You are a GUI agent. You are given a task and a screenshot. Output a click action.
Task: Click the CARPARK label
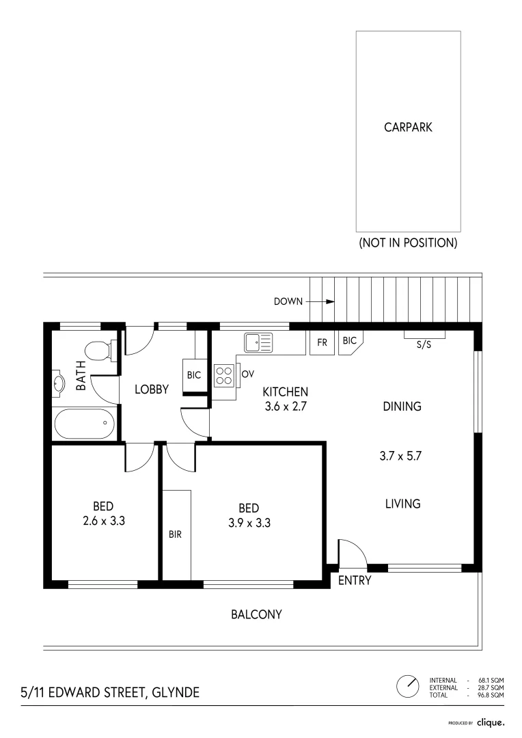(x=408, y=127)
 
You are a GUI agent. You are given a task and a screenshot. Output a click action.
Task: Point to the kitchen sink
(x=258, y=342)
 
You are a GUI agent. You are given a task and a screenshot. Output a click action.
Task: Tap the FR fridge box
(x=322, y=342)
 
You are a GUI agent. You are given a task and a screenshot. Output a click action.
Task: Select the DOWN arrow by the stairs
(x=323, y=301)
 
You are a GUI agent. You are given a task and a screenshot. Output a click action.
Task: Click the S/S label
(x=424, y=344)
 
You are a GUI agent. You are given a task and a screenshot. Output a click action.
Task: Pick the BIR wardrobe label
(x=175, y=534)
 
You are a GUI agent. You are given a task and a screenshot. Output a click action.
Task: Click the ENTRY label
(x=355, y=580)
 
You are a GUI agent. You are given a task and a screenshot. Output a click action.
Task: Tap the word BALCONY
(x=256, y=614)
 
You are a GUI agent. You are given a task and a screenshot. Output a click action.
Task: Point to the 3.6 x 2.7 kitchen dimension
(x=286, y=406)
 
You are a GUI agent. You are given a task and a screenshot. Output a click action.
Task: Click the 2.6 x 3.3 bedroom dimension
(x=104, y=521)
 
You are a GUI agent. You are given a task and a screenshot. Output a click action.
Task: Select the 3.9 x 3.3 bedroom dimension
(x=249, y=523)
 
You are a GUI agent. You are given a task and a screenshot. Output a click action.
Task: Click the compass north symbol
(x=408, y=687)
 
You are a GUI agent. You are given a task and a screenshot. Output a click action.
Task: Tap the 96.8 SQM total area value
(x=491, y=695)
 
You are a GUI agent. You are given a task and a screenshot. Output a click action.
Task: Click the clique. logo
(x=491, y=722)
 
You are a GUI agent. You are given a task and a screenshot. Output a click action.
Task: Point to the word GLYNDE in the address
(x=176, y=692)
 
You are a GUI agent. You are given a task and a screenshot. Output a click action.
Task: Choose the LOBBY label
(x=152, y=389)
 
